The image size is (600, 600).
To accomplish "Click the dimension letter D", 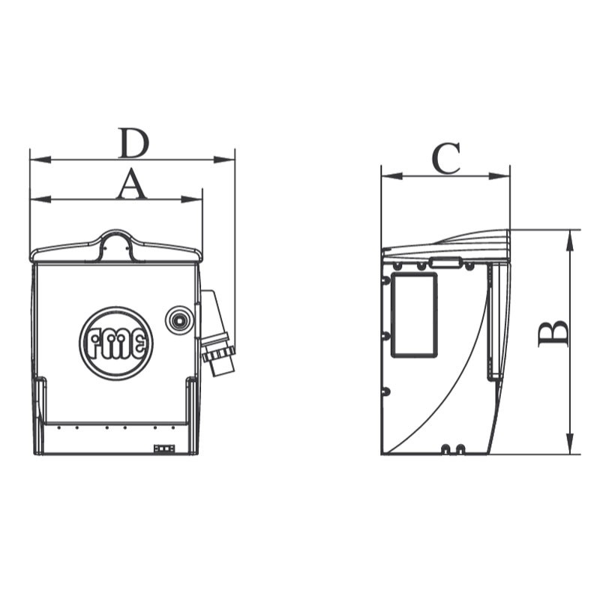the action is click(133, 143).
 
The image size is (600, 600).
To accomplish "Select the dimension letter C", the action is click(446, 158).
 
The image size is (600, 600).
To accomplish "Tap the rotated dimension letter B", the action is click(553, 334).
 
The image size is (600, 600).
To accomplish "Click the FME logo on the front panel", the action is click(116, 343).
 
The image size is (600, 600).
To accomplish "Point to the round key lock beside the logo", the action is click(178, 320).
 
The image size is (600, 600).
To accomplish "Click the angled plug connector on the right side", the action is click(217, 333).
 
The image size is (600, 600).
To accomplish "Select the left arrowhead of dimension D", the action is click(40, 159).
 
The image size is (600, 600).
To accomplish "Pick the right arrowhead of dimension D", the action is click(223, 159).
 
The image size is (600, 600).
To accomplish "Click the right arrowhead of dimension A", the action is click(192, 199).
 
